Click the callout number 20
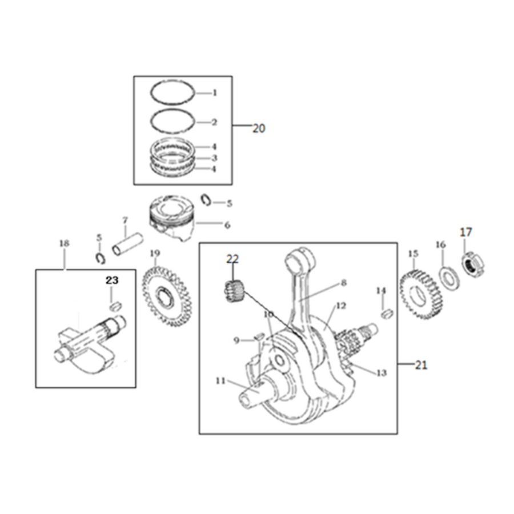point(259,128)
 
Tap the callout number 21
point(421,365)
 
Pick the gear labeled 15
point(421,294)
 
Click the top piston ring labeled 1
point(174,94)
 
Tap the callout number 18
point(65,243)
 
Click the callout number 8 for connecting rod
point(343,283)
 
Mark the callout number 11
point(220,381)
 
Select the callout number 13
point(382,373)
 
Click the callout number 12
point(341,306)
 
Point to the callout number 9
point(237,340)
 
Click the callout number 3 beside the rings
point(214,158)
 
